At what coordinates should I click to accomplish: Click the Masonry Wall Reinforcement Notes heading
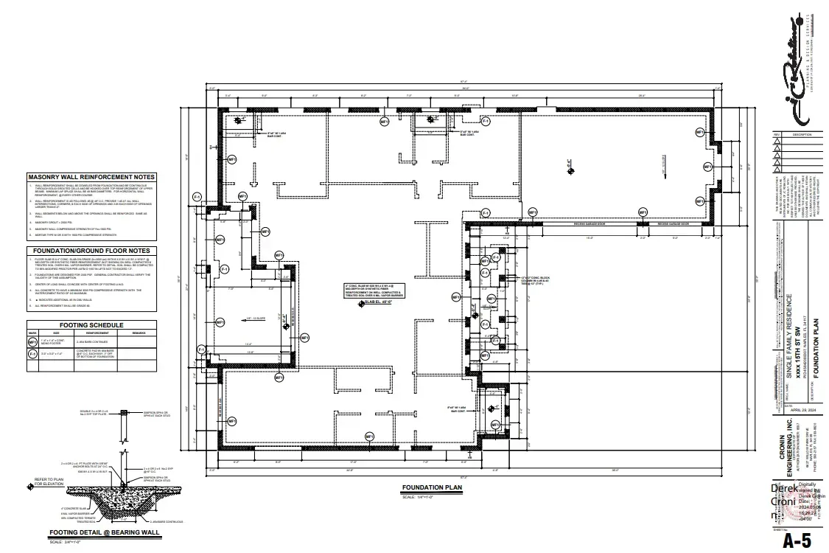point(91,178)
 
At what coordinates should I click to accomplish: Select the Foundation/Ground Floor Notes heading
point(91,251)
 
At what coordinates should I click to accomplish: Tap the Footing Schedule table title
point(91,324)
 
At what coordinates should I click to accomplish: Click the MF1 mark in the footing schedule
point(32,342)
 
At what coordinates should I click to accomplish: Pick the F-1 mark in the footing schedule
point(32,355)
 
